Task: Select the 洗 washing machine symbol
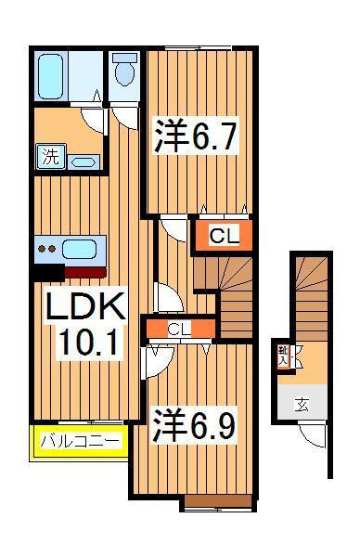point(48,157)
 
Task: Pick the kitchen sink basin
point(86,248)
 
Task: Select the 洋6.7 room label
point(196,138)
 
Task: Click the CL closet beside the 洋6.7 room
point(224,236)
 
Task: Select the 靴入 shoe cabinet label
point(283,356)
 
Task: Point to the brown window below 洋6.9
point(218,502)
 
